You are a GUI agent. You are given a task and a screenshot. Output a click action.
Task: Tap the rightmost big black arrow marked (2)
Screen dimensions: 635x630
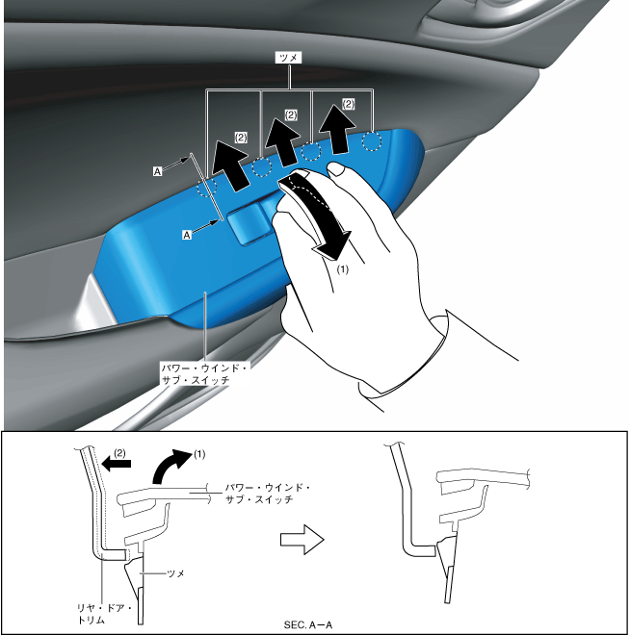[333, 128]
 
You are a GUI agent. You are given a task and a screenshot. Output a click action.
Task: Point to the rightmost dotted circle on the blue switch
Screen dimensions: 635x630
[371, 141]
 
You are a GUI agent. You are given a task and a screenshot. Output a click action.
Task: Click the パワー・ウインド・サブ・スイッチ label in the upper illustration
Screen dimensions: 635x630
[204, 374]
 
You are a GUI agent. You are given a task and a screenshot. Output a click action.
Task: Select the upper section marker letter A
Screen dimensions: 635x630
[156, 170]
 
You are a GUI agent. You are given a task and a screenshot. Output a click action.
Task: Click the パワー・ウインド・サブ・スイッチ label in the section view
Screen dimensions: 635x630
[267, 494]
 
